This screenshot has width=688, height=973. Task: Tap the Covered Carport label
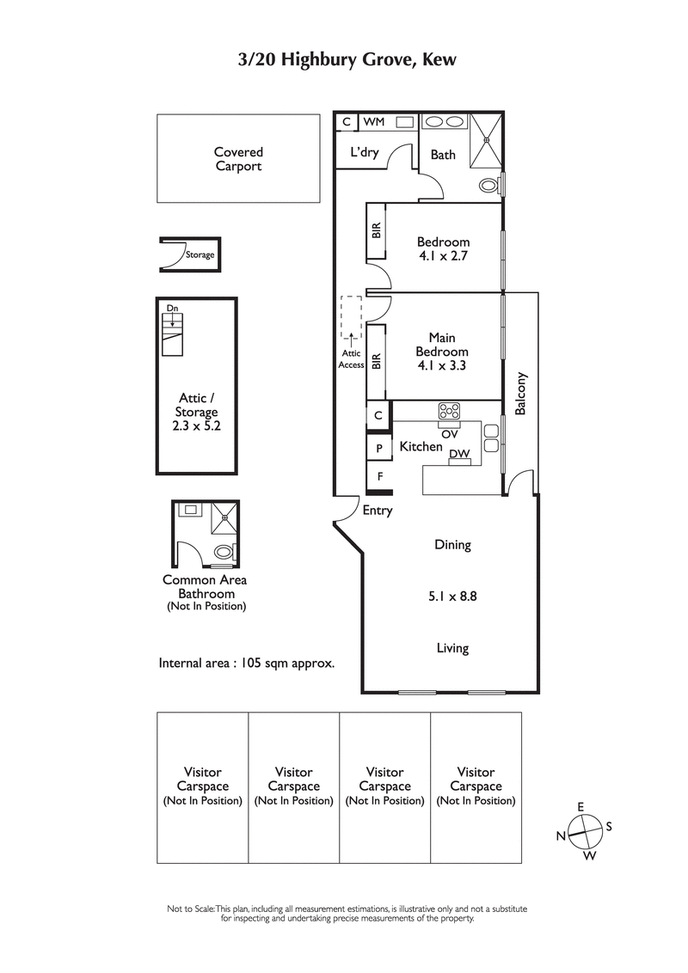(238, 159)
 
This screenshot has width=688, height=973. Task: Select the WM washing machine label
(374, 123)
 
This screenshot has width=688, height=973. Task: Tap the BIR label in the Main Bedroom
(376, 362)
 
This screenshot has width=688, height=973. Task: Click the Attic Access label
(351, 358)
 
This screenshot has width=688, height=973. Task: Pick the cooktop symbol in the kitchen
(449, 410)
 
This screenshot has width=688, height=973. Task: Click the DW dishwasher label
(459, 454)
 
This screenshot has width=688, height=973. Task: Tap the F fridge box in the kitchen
(378, 474)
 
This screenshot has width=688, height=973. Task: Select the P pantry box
(378, 447)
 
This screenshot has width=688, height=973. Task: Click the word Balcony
(520, 394)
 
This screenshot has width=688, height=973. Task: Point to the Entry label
(378, 511)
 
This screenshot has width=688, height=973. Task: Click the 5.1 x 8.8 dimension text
(451, 595)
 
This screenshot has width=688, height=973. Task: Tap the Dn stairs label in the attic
(172, 308)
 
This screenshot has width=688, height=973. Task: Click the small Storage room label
(200, 255)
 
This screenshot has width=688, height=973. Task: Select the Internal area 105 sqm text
(246, 664)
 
